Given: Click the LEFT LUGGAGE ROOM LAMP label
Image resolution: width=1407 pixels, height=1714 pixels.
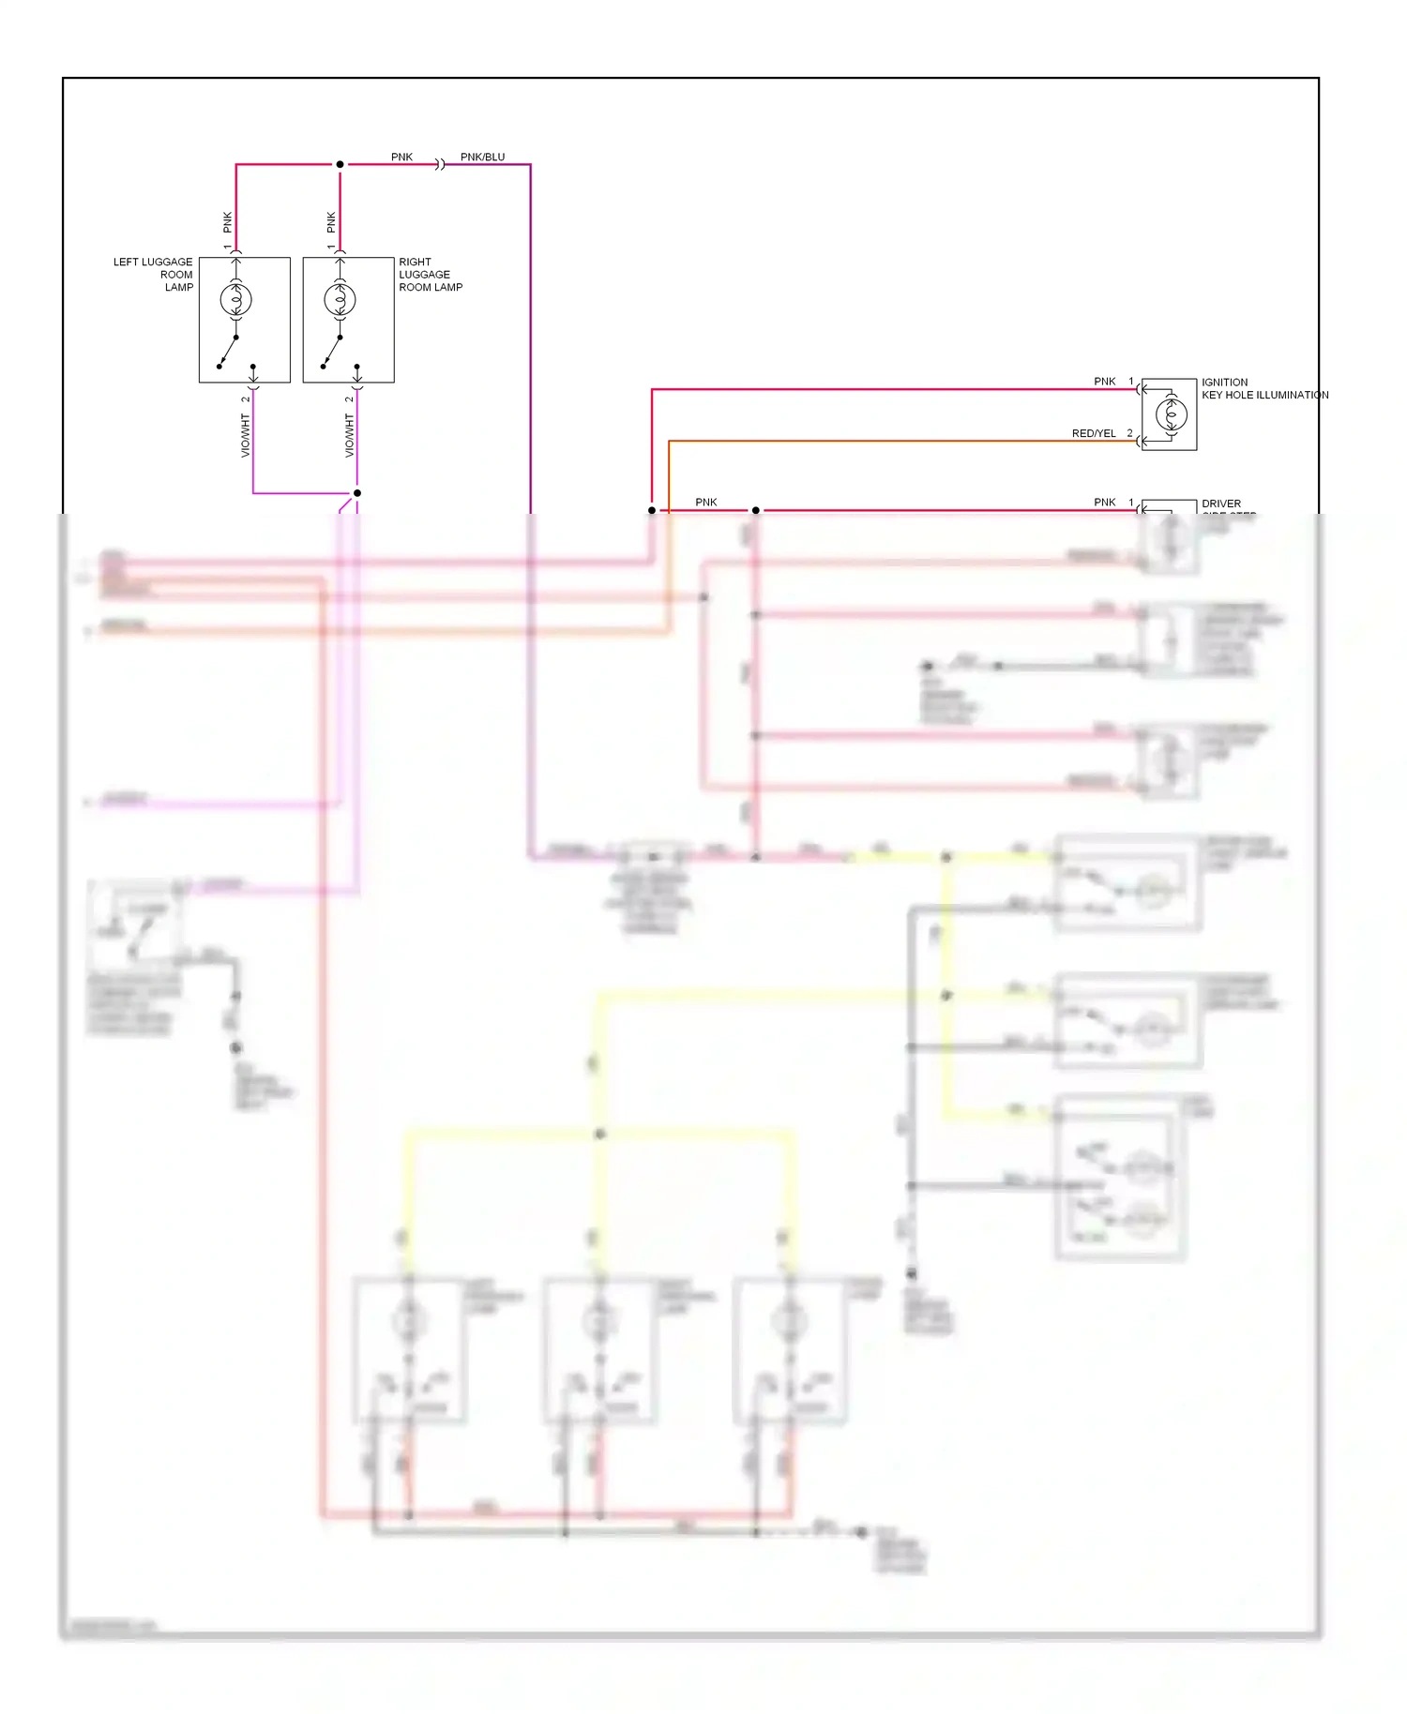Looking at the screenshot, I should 155,275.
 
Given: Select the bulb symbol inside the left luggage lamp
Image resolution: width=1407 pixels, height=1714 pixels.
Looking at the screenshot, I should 236,299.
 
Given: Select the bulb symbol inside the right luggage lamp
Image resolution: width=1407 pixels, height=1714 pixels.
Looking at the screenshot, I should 340,299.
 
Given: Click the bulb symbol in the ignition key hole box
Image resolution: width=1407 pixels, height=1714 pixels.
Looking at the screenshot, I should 1171,413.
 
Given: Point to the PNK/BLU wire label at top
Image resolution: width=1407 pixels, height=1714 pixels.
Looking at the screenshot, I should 482,157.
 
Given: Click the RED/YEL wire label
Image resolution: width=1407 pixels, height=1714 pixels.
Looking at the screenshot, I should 1094,433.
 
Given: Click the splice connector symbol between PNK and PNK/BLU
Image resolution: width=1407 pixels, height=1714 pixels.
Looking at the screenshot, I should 440,165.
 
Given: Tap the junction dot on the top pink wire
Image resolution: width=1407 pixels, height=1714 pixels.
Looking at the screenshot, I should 340,164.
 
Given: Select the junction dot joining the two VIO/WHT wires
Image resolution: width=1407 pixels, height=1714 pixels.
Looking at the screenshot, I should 356,493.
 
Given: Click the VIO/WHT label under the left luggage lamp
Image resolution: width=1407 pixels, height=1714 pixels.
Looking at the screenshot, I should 246,436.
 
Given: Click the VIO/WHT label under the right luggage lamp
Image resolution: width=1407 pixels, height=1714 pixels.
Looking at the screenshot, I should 349,436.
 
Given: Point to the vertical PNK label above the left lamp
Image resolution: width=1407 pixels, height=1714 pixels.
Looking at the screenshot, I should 227,222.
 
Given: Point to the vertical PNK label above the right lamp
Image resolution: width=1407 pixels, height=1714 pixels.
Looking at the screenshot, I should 331,222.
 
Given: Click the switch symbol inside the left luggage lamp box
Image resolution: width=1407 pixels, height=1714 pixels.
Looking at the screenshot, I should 228,352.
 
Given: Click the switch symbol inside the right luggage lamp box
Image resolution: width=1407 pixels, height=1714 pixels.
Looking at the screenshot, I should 331,352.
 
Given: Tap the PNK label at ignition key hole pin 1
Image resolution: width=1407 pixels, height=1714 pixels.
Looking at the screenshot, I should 1104,382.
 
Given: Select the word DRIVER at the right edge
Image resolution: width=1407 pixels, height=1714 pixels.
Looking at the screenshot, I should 1220,504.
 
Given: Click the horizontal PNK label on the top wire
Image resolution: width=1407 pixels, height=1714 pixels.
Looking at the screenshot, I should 401,157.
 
